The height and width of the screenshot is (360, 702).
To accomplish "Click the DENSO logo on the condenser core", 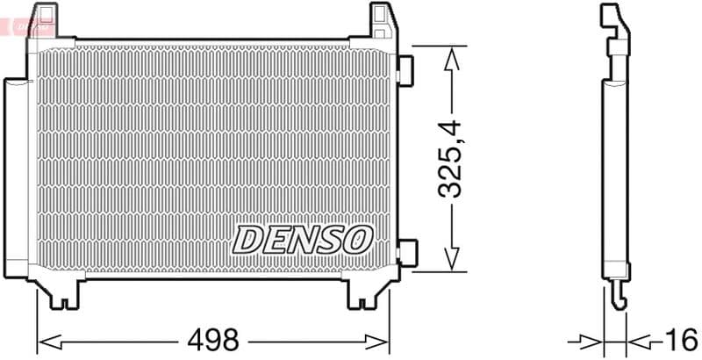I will [303, 238].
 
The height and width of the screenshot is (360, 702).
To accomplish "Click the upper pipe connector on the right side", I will [405, 71].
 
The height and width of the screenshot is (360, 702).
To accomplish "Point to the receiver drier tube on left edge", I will [14, 176].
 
